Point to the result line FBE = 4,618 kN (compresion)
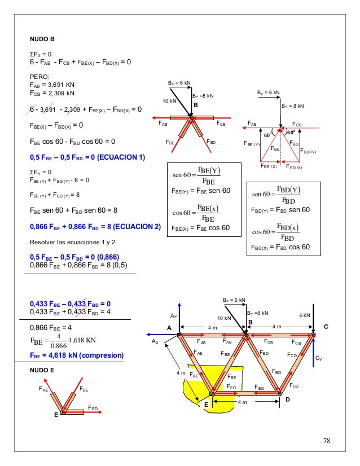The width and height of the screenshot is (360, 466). [x=76, y=355]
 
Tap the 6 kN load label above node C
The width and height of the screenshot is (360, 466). [x=305, y=315]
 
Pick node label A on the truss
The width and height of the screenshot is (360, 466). [x=169, y=328]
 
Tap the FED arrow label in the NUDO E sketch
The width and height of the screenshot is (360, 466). [x=93, y=407]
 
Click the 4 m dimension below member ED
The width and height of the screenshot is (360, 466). [x=242, y=402]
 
